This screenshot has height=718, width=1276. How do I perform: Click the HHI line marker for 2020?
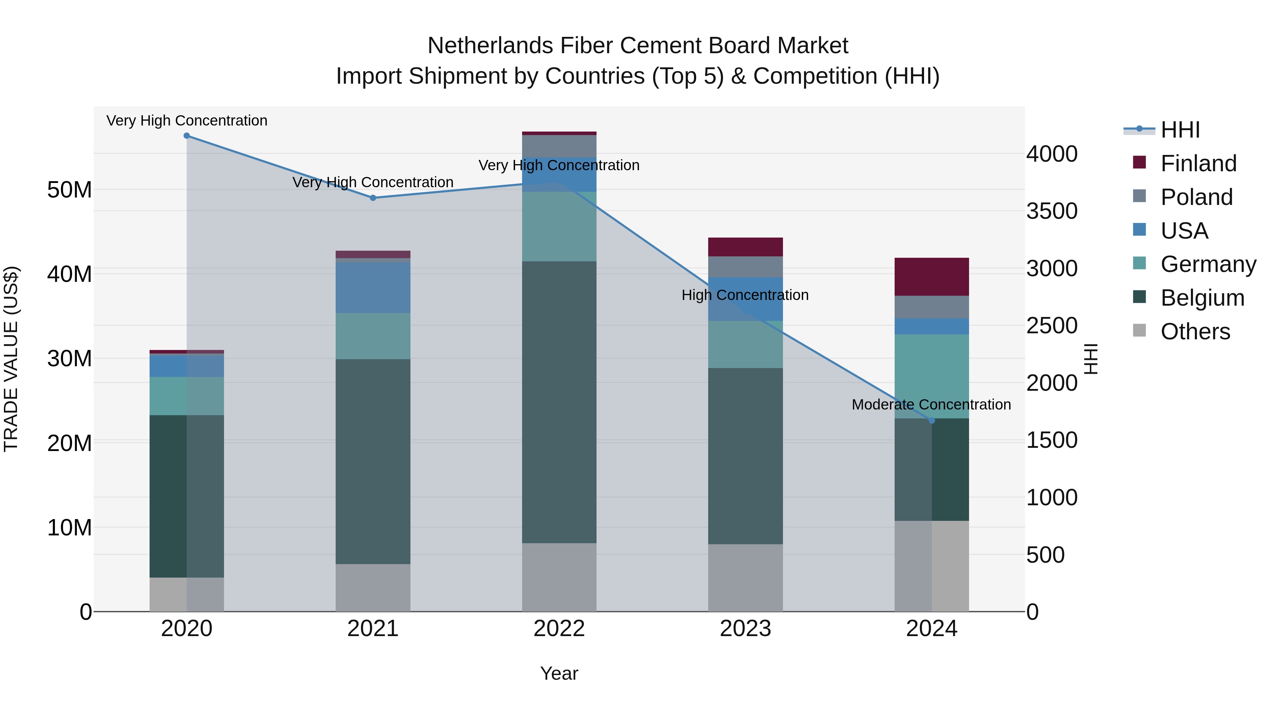pos(187,136)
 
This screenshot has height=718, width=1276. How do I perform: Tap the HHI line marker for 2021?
pos(373,198)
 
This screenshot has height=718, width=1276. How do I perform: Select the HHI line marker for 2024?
pos(932,421)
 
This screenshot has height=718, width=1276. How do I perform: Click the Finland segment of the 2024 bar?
pos(932,277)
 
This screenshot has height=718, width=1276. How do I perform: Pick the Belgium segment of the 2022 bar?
pos(559,401)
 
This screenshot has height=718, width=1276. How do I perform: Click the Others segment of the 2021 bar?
pos(373,587)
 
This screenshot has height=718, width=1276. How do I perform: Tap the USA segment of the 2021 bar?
pos(373,288)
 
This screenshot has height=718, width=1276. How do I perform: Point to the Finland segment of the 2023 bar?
pos(745,247)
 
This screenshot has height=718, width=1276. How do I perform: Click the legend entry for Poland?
pos(1196,197)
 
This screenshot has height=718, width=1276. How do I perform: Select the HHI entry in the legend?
pos(1180,130)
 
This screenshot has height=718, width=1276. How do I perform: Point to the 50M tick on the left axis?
pos(69,190)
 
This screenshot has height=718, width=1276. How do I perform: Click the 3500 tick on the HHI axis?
pos(1052,211)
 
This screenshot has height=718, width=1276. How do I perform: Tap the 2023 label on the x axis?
pos(745,629)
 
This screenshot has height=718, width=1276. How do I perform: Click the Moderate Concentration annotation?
pos(931,405)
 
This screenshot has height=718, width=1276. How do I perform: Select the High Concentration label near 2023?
pos(745,295)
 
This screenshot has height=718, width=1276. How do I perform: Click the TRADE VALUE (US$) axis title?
pos(11,359)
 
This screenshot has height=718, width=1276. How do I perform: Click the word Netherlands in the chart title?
pos(491,46)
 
